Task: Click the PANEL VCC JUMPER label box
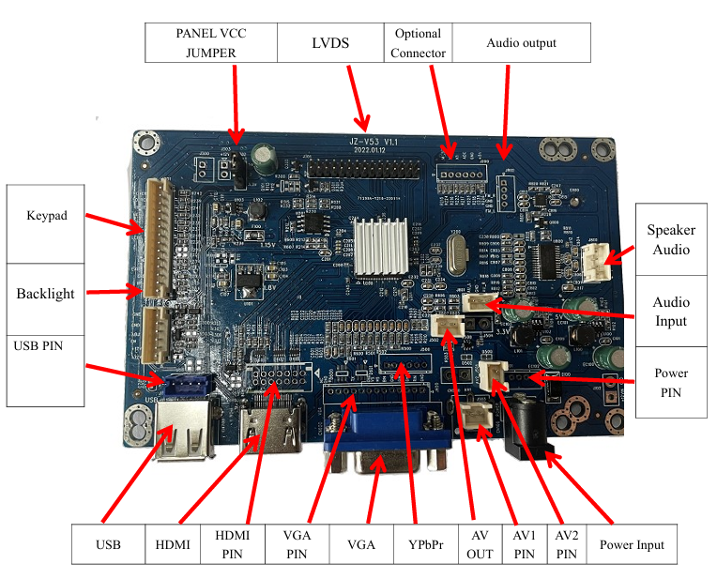pyautogui.click(x=211, y=43)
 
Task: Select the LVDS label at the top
pyautogui.click(x=330, y=43)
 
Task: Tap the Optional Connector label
pyautogui.click(x=418, y=43)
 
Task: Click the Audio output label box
pyautogui.click(x=521, y=43)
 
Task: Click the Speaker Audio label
pyautogui.click(x=670, y=239)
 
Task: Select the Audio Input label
pyautogui.click(x=670, y=312)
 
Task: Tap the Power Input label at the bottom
pyautogui.click(x=632, y=544)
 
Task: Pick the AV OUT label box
pyautogui.click(x=479, y=544)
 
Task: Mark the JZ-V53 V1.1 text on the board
pyautogui.click(x=368, y=141)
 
